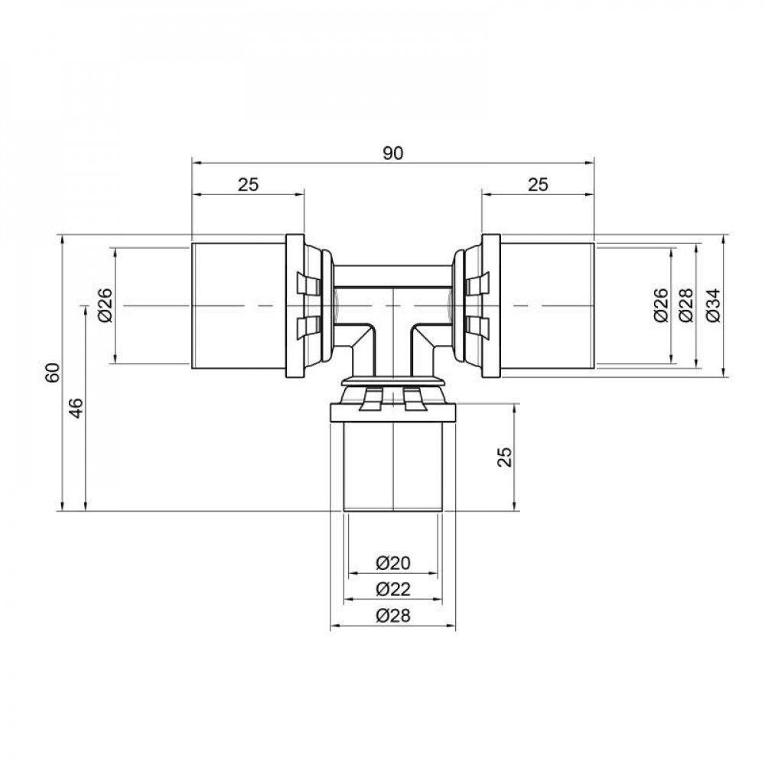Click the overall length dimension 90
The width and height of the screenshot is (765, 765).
(x=392, y=153)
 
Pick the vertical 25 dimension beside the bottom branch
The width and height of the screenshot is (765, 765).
(x=504, y=457)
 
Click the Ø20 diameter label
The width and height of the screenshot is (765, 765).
(x=393, y=564)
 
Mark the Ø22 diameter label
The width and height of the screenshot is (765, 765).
(x=393, y=589)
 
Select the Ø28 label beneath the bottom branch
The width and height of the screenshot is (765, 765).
(x=393, y=617)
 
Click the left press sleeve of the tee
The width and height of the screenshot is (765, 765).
(x=238, y=306)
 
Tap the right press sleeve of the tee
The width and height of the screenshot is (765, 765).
(x=547, y=306)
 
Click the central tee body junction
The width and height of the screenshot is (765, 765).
(x=392, y=306)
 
